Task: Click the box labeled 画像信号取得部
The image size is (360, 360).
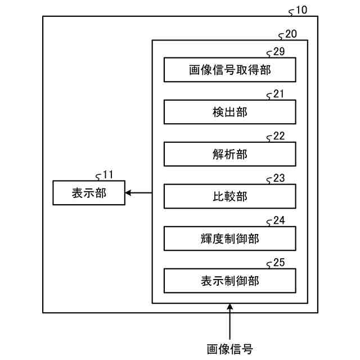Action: (229, 70)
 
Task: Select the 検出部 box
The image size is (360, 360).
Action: (229, 112)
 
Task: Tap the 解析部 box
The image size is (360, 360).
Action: (229, 154)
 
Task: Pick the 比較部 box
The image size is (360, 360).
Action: (229, 196)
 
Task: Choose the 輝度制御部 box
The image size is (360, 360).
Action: (229, 238)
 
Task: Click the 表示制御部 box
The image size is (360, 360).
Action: (229, 280)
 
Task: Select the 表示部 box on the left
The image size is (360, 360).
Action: (89, 193)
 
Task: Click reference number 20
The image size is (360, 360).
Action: (291, 34)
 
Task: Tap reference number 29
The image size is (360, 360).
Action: (279, 52)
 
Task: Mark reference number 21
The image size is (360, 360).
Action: (279, 94)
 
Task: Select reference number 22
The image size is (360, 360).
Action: (279, 136)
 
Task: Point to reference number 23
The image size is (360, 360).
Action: (279, 178)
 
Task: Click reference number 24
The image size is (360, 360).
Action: (279, 220)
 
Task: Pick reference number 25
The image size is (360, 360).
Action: (279, 262)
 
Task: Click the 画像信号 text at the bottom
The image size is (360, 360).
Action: (229, 347)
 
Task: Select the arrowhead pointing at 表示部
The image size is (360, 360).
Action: (129, 193)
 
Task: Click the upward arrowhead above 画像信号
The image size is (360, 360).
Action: (229, 307)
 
